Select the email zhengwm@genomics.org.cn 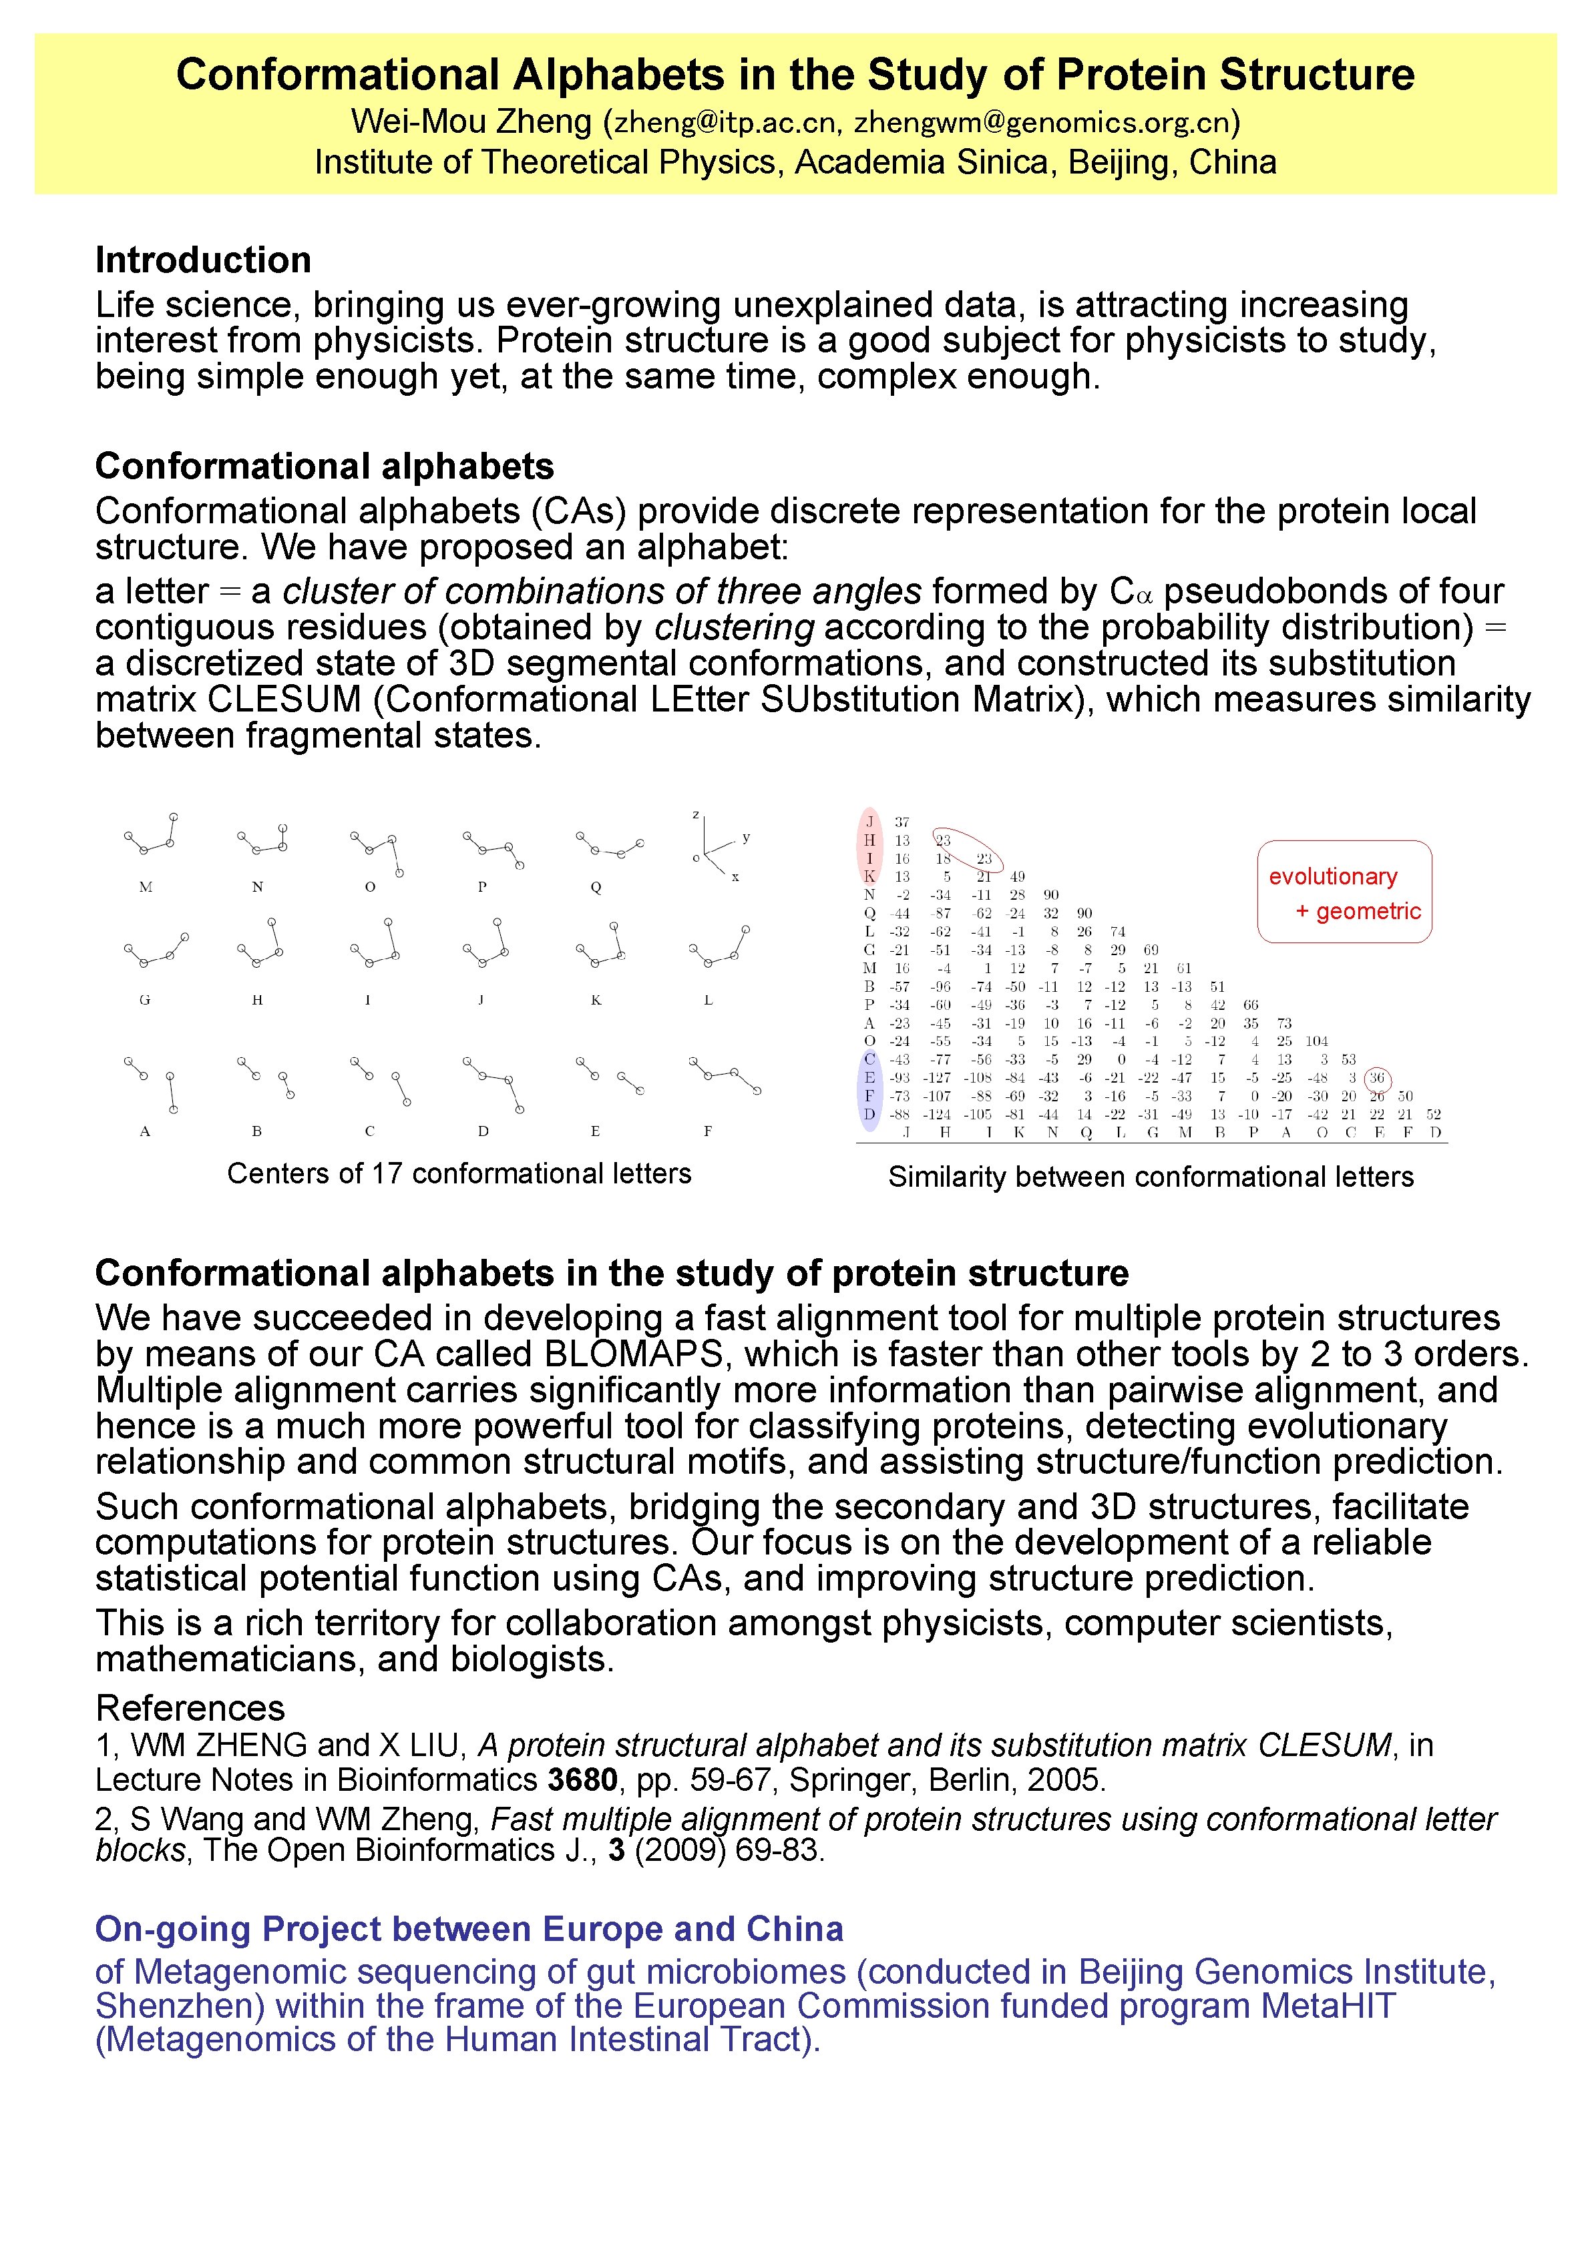pos(1041,123)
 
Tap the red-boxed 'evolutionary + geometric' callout pos(1344,892)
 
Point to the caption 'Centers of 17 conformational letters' pos(459,1173)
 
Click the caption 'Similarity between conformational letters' pos(1150,1176)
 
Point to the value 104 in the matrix pos(1316,1041)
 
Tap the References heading pos(190,1708)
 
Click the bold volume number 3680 pos(582,1779)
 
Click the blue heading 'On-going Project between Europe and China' pos(469,1928)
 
